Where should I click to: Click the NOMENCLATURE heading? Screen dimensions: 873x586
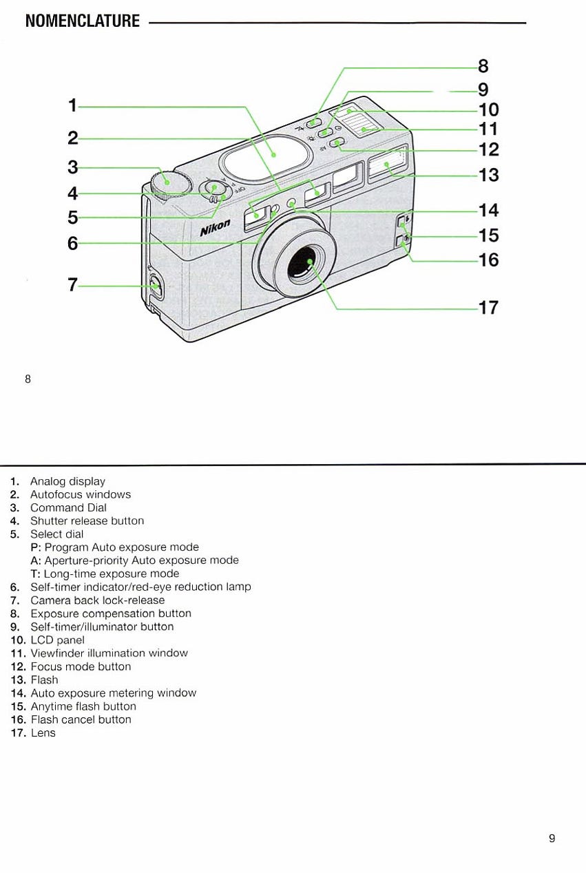pos(82,21)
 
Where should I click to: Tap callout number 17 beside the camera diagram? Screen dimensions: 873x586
pos(488,308)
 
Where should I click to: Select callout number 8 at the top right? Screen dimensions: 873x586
pos(483,66)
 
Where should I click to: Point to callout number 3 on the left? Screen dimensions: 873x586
pos(72,167)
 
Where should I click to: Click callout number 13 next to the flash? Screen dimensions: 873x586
pos(488,175)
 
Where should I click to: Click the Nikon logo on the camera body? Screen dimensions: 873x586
pos(216,228)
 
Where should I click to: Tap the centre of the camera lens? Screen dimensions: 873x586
pos(305,264)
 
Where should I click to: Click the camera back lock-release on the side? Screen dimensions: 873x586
pos(156,286)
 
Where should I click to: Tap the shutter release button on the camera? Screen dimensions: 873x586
pos(213,187)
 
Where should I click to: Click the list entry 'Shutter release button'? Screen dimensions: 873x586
pos(87,521)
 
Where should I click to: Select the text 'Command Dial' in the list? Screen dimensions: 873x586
pos(68,508)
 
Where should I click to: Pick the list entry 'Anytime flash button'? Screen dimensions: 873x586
pos(83,706)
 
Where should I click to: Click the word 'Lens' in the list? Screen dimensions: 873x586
pos(43,733)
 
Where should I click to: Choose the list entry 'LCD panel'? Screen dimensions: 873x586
pos(57,640)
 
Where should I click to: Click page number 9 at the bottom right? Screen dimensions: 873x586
pos(552,839)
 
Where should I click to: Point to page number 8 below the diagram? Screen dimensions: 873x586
pos(28,379)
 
